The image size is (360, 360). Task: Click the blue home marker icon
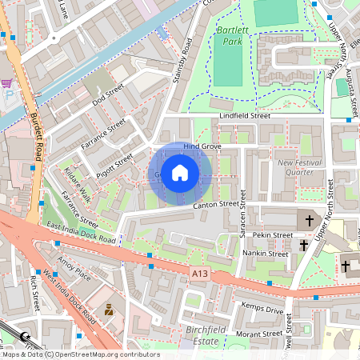coord(180,173)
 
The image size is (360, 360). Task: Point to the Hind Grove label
coord(202,147)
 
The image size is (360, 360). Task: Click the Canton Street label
coord(216,206)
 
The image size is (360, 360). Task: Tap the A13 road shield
coord(200,274)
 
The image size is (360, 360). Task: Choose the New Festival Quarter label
coord(301,167)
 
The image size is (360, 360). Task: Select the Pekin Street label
coord(270,235)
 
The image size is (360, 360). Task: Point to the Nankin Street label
coord(265,254)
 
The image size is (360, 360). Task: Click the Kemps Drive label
coord(263,310)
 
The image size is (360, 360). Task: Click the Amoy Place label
coord(73,273)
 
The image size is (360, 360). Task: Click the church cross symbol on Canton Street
coord(309,218)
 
